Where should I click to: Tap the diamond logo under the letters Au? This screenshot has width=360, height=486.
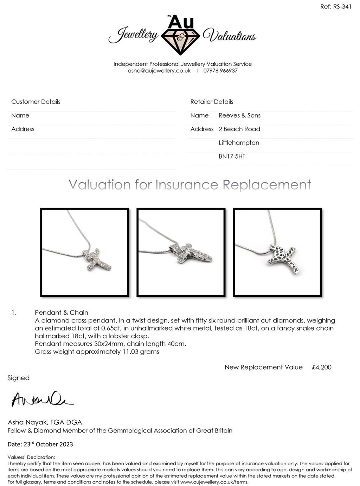(x=180, y=41)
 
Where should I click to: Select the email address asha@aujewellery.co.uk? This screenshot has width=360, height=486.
(x=159, y=71)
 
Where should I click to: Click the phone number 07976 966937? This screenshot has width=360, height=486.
(x=220, y=71)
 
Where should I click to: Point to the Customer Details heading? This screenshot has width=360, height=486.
(x=36, y=102)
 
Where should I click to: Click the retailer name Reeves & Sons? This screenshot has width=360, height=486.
(x=239, y=115)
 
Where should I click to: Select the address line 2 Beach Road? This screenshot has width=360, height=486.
(x=239, y=129)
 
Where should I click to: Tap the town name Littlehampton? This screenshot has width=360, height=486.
(x=239, y=143)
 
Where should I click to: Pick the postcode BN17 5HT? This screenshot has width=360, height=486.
(x=232, y=156)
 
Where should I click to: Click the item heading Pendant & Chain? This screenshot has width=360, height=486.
(x=62, y=312)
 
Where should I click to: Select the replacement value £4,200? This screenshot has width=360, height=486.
(x=321, y=367)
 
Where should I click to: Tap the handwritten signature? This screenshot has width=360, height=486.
(x=41, y=399)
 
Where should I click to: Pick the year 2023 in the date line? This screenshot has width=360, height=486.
(x=66, y=444)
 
